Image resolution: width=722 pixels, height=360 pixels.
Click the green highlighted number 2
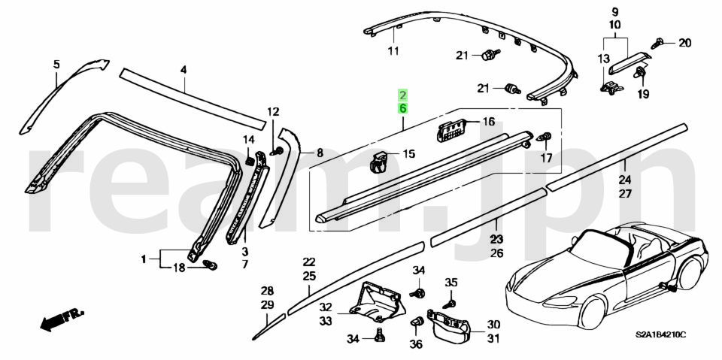[x=403, y=95]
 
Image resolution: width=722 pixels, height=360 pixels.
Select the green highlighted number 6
[x=403, y=109]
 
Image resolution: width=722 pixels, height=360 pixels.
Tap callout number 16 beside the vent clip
[x=488, y=122]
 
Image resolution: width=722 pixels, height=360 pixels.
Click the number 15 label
[x=409, y=154]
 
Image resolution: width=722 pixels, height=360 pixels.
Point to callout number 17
[x=546, y=159]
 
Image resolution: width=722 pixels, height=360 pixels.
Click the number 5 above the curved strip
[x=56, y=65]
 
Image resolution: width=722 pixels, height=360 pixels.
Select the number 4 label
[x=184, y=71]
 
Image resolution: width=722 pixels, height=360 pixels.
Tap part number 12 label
[x=273, y=111]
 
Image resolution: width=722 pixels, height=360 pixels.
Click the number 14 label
[x=249, y=140]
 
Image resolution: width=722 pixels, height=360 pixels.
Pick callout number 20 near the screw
[x=684, y=44]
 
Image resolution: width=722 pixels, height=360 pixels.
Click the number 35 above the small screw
[x=451, y=282]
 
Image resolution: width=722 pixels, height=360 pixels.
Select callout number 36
[x=416, y=344]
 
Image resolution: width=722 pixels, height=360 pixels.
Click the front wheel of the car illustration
[x=593, y=311]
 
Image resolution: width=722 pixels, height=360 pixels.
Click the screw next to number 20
[x=657, y=44]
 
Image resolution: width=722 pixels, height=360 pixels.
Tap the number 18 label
[x=179, y=268]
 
